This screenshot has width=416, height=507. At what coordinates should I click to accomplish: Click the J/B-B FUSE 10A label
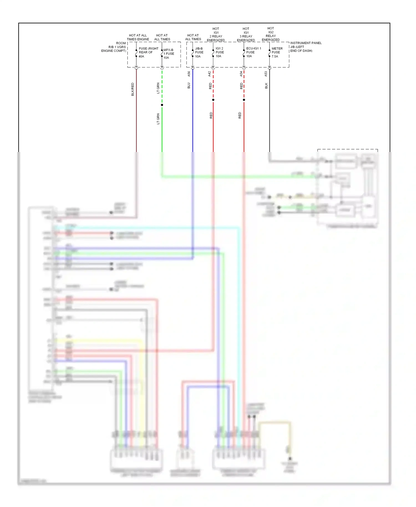click(x=199, y=52)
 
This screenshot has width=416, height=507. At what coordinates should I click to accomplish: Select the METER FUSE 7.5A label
click(x=277, y=52)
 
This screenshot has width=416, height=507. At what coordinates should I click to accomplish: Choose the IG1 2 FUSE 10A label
click(x=219, y=52)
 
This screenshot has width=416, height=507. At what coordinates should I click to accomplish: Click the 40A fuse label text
click(x=141, y=56)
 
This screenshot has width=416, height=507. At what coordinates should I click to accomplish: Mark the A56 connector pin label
click(x=189, y=74)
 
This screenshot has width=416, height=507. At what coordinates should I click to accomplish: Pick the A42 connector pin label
click(x=210, y=74)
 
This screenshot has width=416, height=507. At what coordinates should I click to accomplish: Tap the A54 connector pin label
click(x=241, y=74)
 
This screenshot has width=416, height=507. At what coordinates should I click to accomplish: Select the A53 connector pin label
click(x=266, y=74)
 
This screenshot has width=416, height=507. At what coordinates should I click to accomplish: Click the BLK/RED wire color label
click(x=133, y=89)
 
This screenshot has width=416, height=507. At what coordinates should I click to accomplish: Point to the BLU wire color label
click(x=189, y=85)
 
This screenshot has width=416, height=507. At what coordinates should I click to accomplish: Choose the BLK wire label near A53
click(x=266, y=86)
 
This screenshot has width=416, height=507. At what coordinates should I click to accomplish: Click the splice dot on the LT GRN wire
click(x=162, y=105)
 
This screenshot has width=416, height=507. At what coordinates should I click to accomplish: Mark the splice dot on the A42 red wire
click(x=213, y=100)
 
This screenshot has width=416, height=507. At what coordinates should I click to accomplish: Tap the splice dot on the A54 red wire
click(x=244, y=100)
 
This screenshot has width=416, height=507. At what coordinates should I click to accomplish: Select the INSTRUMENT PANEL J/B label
click(x=305, y=47)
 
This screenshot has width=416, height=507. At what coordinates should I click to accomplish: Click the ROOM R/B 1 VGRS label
click(x=114, y=47)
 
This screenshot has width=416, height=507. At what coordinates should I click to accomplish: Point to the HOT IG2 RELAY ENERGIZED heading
click(x=271, y=34)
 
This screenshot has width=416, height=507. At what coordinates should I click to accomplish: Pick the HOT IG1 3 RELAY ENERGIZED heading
click(x=246, y=34)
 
